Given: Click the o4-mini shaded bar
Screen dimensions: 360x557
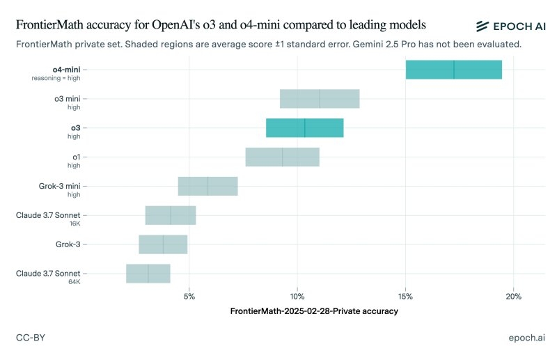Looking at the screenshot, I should click(453, 70).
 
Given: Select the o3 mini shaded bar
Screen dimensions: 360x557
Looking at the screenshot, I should click(320, 99).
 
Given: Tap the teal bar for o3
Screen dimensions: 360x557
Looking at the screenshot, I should click(304, 128).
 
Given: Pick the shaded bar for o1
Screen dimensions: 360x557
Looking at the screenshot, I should click(282, 157).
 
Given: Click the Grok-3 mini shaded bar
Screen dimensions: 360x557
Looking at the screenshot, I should click(207, 187).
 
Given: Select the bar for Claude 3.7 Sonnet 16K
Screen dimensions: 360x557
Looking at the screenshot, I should click(171, 216).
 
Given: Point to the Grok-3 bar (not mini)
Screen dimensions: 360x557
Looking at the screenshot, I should click(163, 244).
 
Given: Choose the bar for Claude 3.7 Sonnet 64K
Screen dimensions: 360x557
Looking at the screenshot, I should click(148, 274).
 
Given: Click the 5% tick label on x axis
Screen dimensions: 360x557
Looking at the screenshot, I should click(189, 297).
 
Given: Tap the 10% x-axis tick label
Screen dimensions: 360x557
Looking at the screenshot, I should click(297, 297).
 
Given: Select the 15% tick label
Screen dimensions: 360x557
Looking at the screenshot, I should click(405, 297).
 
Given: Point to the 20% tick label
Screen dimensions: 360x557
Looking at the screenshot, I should click(513, 297).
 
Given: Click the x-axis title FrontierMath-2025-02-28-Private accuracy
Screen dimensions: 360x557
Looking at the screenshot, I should click(314, 311).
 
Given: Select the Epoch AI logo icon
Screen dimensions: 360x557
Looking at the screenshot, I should click(483, 26).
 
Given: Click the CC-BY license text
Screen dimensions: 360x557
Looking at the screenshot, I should click(31, 337).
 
